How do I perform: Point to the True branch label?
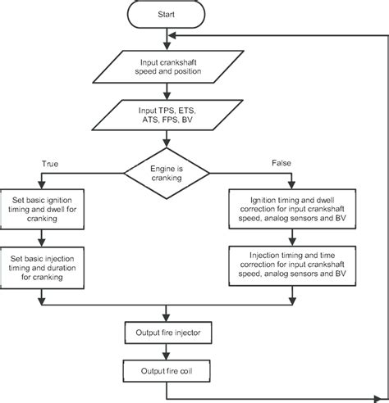[x=50, y=164]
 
